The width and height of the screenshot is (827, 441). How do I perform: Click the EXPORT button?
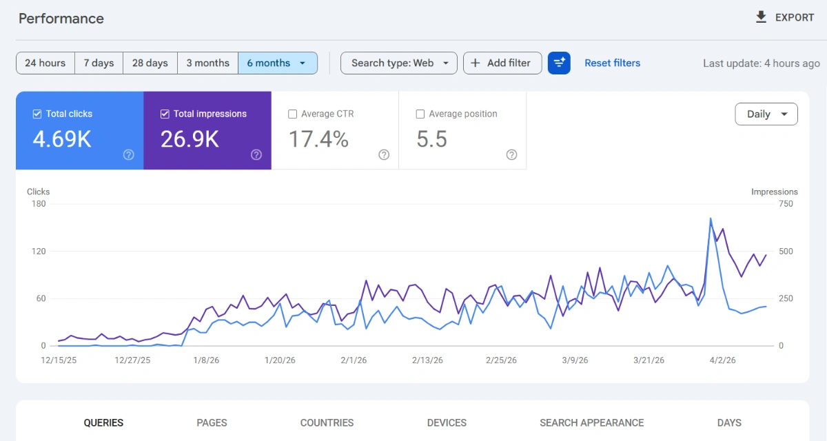[784, 18]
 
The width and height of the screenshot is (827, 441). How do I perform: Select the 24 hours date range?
[45, 63]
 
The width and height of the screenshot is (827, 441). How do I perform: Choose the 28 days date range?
[150, 63]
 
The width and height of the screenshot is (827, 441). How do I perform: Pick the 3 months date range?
[207, 63]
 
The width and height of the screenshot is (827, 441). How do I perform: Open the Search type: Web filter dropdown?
[399, 63]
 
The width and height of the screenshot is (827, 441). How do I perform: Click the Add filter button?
[502, 63]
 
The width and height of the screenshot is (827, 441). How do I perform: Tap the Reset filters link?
[612, 63]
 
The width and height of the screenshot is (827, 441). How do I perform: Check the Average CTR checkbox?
[293, 114]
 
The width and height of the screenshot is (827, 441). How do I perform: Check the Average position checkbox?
[420, 114]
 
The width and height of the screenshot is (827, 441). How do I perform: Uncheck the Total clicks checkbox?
[37, 114]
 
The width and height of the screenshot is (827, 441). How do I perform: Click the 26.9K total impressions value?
[190, 139]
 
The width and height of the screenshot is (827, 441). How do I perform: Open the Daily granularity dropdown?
[766, 114]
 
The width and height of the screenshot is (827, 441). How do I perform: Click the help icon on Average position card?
[511, 154]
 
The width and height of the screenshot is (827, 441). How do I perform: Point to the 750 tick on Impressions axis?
[786, 204]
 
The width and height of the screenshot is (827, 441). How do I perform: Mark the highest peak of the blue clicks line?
[711, 219]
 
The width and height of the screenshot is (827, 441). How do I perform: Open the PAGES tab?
[212, 422]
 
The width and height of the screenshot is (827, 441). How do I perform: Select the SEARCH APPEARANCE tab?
[591, 422]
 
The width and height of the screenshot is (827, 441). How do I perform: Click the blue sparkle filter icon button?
[559, 63]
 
